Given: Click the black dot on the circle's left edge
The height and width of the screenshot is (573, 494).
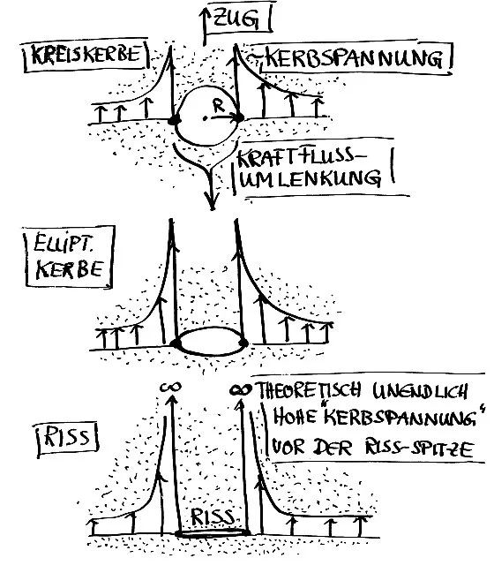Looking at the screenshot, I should pos(175,118).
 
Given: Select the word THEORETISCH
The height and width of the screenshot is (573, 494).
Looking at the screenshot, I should pos(318,389).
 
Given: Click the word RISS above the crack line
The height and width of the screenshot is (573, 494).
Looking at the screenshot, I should pos(213,516).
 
